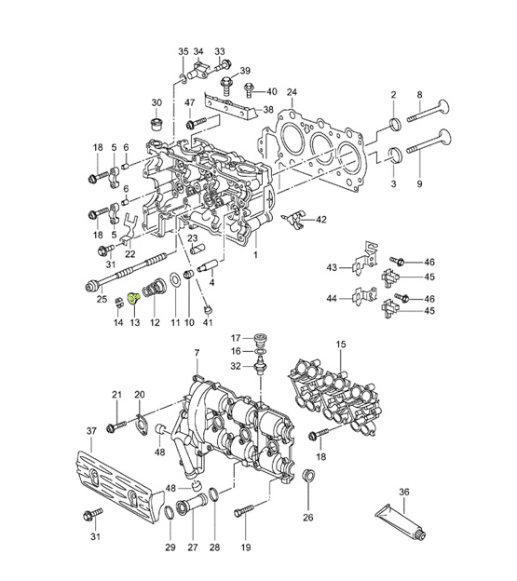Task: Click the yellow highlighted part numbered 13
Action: (x=134, y=298)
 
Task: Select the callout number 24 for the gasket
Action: (x=293, y=91)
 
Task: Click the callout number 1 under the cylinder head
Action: (x=255, y=255)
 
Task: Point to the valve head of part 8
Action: (x=444, y=107)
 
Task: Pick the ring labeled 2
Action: (x=395, y=124)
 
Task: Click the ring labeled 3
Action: (x=395, y=155)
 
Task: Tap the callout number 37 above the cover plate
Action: (x=91, y=431)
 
